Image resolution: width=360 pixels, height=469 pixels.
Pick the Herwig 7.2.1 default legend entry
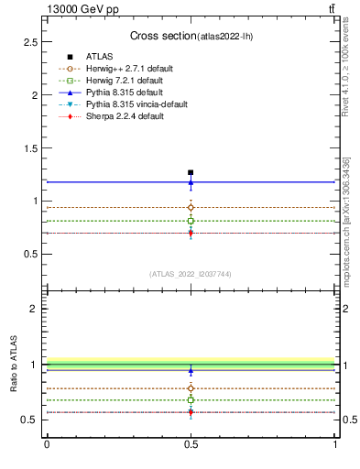pos(119,81)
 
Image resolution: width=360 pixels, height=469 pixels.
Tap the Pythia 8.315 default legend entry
pos(119,93)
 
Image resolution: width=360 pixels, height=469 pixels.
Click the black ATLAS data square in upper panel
pos(191,172)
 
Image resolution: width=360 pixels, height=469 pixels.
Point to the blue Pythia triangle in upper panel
pos(191,181)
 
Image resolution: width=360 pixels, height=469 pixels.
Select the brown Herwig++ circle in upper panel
pos(191,207)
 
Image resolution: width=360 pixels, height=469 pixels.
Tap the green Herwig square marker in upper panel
pos(191,221)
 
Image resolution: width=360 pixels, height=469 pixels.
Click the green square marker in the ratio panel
pos(191,399)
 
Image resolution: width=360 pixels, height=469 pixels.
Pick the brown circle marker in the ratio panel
pos(191,389)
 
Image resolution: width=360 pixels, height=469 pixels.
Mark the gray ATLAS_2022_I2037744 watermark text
pos(191,274)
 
